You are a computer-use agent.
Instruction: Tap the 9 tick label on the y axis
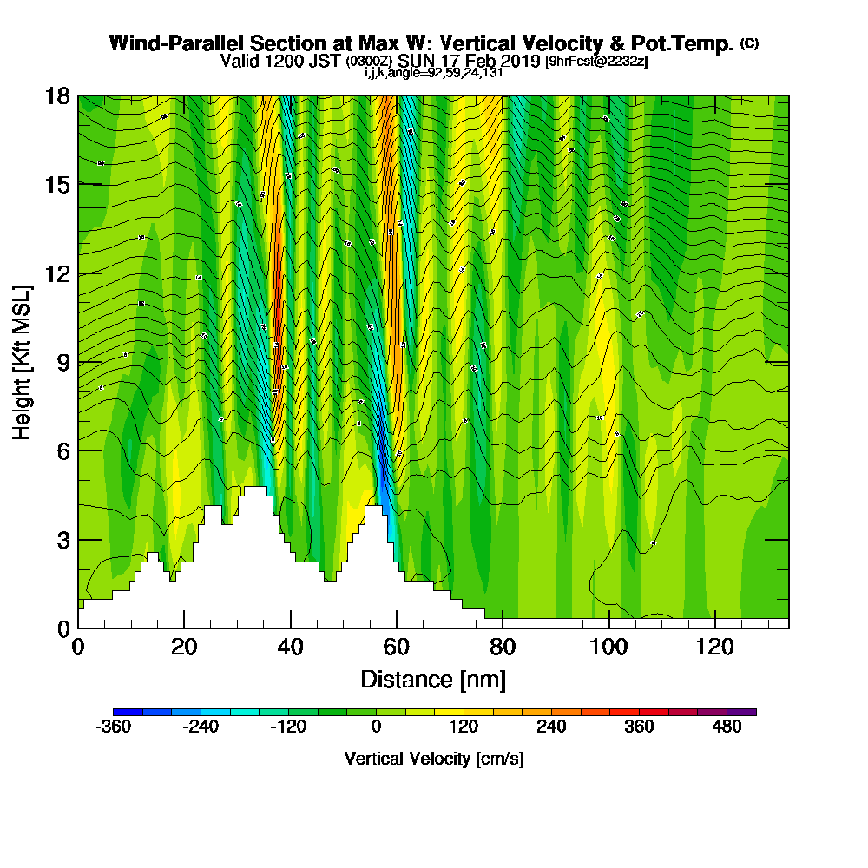62,362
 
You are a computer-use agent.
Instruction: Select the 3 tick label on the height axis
62,540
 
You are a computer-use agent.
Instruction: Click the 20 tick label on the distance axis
184,647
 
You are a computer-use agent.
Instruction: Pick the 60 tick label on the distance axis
397,647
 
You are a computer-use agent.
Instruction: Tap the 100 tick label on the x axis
609,647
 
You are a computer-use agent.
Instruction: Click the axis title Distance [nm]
433,679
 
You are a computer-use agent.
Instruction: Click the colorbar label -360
113,727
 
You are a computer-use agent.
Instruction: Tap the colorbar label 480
727,727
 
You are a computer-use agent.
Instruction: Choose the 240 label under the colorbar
552,727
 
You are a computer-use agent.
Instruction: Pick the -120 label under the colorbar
288,727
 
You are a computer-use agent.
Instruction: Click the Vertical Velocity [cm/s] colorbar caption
434,759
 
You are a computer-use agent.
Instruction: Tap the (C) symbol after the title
749,43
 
